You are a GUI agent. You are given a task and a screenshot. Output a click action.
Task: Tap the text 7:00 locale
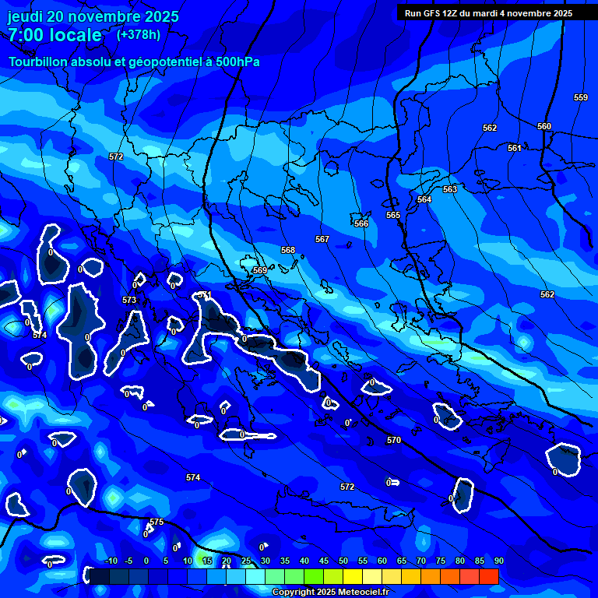pos(55,35)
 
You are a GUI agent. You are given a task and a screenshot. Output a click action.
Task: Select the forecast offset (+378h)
pos(139,34)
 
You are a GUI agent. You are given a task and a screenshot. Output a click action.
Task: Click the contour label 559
pos(581,97)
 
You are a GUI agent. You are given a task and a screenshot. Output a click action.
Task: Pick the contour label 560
pos(544,126)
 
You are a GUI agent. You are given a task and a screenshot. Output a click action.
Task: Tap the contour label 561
pos(515,148)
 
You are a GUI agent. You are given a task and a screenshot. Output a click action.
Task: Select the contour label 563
pos(450,189)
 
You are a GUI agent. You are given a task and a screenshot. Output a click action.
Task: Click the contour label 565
pos(393,215)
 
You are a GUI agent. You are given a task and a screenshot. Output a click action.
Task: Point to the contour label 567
pos(322,239)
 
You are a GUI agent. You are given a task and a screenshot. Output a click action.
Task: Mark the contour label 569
pos(260,270)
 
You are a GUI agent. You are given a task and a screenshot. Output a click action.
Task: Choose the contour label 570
pos(394,440)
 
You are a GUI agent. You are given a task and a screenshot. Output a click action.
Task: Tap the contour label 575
pos(157,522)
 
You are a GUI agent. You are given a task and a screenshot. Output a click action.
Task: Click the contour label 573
pos(129,300)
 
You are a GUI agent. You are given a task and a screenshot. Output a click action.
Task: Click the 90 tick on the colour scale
pos(498,561)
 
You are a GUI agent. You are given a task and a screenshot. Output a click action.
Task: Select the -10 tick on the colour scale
pos(110,561)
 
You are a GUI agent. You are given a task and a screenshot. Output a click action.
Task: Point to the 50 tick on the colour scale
pos(343,561)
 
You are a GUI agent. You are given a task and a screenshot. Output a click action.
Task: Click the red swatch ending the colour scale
pos(488,576)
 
